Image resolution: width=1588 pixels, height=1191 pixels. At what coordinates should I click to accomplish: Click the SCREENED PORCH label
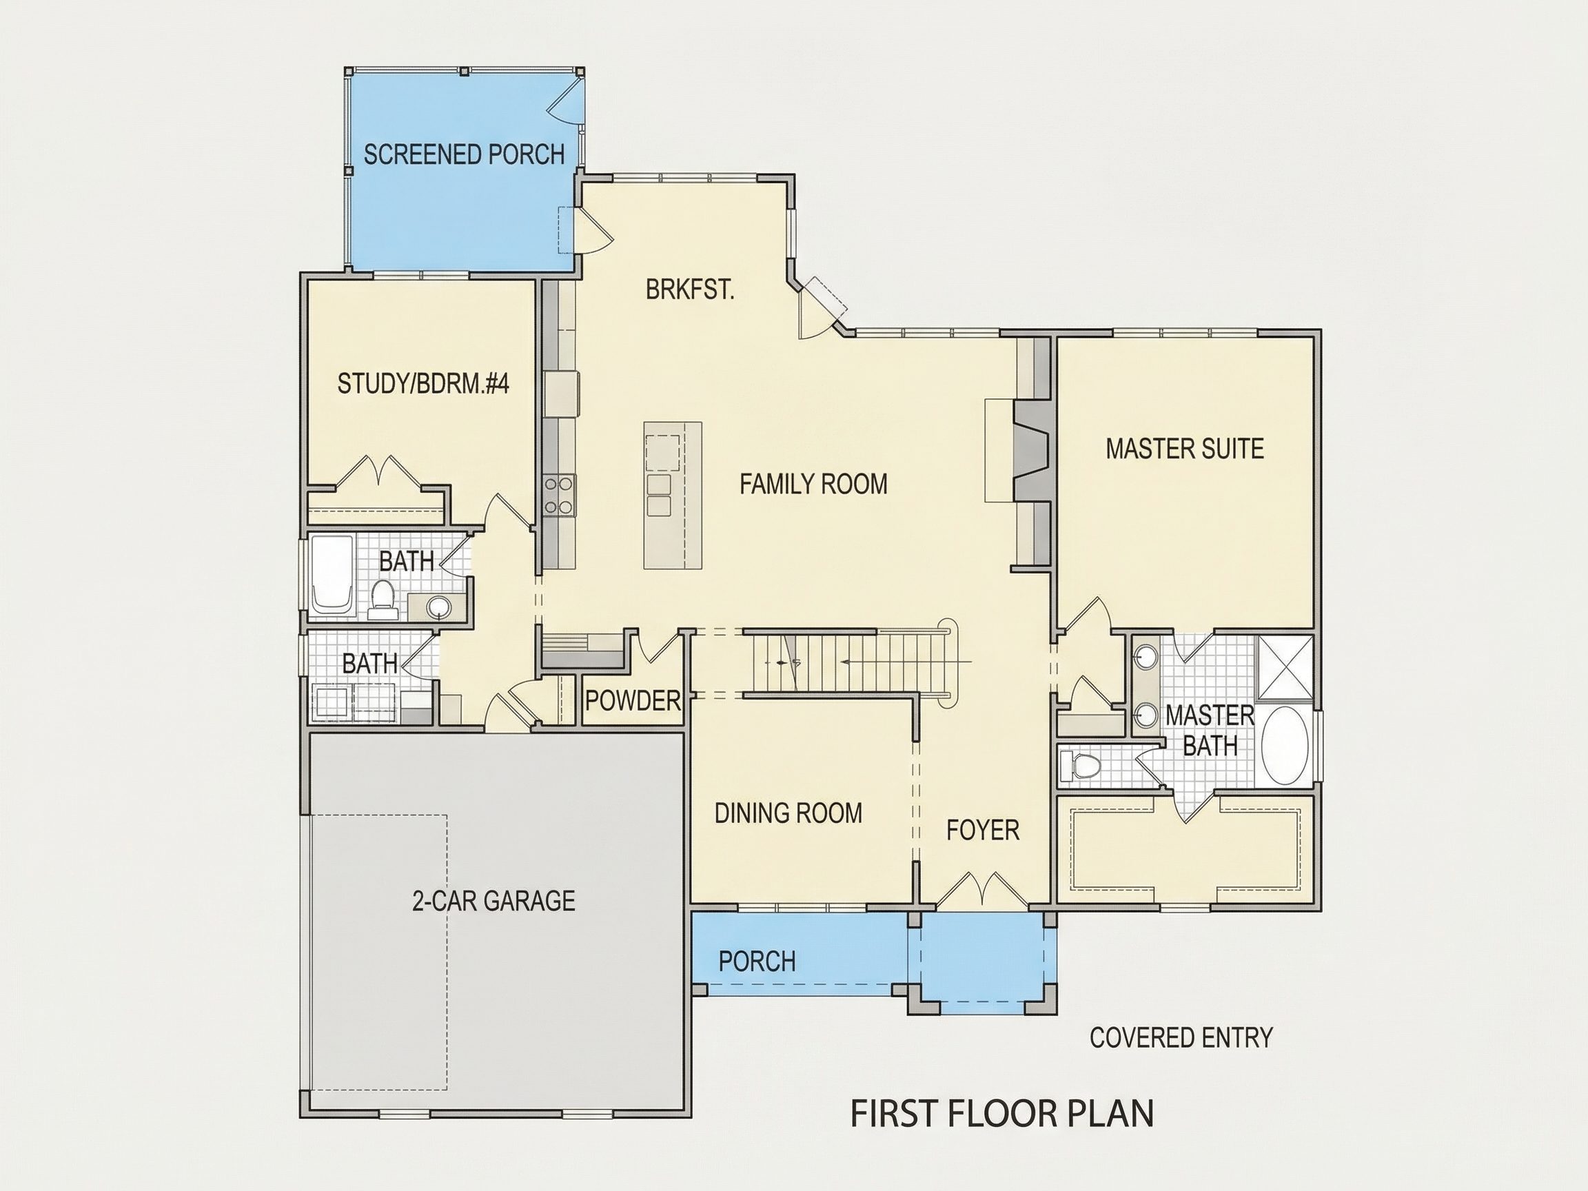[464, 154]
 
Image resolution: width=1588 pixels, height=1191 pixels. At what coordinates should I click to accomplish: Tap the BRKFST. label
[690, 289]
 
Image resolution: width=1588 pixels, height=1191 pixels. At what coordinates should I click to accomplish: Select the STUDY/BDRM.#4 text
[424, 384]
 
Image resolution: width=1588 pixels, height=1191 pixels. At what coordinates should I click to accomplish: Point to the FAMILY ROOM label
[813, 484]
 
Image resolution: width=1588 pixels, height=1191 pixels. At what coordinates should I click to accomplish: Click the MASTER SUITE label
[1185, 449]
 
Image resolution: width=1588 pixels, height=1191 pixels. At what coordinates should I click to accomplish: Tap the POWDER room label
[633, 700]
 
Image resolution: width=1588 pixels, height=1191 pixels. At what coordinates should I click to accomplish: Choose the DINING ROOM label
[788, 813]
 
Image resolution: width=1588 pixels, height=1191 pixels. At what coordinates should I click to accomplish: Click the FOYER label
[983, 830]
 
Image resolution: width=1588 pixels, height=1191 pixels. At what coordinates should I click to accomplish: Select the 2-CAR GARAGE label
[493, 900]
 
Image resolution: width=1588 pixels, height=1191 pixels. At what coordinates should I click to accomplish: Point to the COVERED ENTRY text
[1181, 1037]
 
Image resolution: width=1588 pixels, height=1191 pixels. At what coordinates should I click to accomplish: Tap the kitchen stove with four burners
[559, 495]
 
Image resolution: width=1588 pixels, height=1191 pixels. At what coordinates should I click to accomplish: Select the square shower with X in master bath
[1284, 666]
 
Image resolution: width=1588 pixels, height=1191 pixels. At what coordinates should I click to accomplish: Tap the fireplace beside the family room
[1031, 450]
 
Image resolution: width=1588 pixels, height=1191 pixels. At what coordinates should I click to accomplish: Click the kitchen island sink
[658, 495]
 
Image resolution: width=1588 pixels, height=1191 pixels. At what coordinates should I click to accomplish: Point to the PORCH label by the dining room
[757, 961]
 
